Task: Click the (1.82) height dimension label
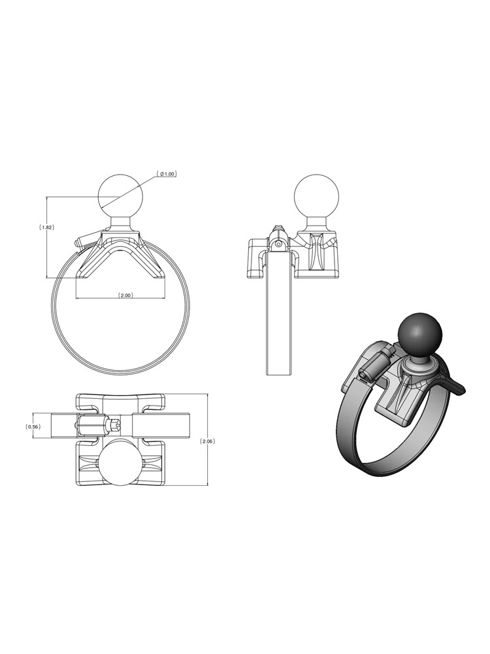(x=46, y=228)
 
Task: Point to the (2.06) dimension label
(x=208, y=441)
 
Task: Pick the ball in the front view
(x=120, y=196)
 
